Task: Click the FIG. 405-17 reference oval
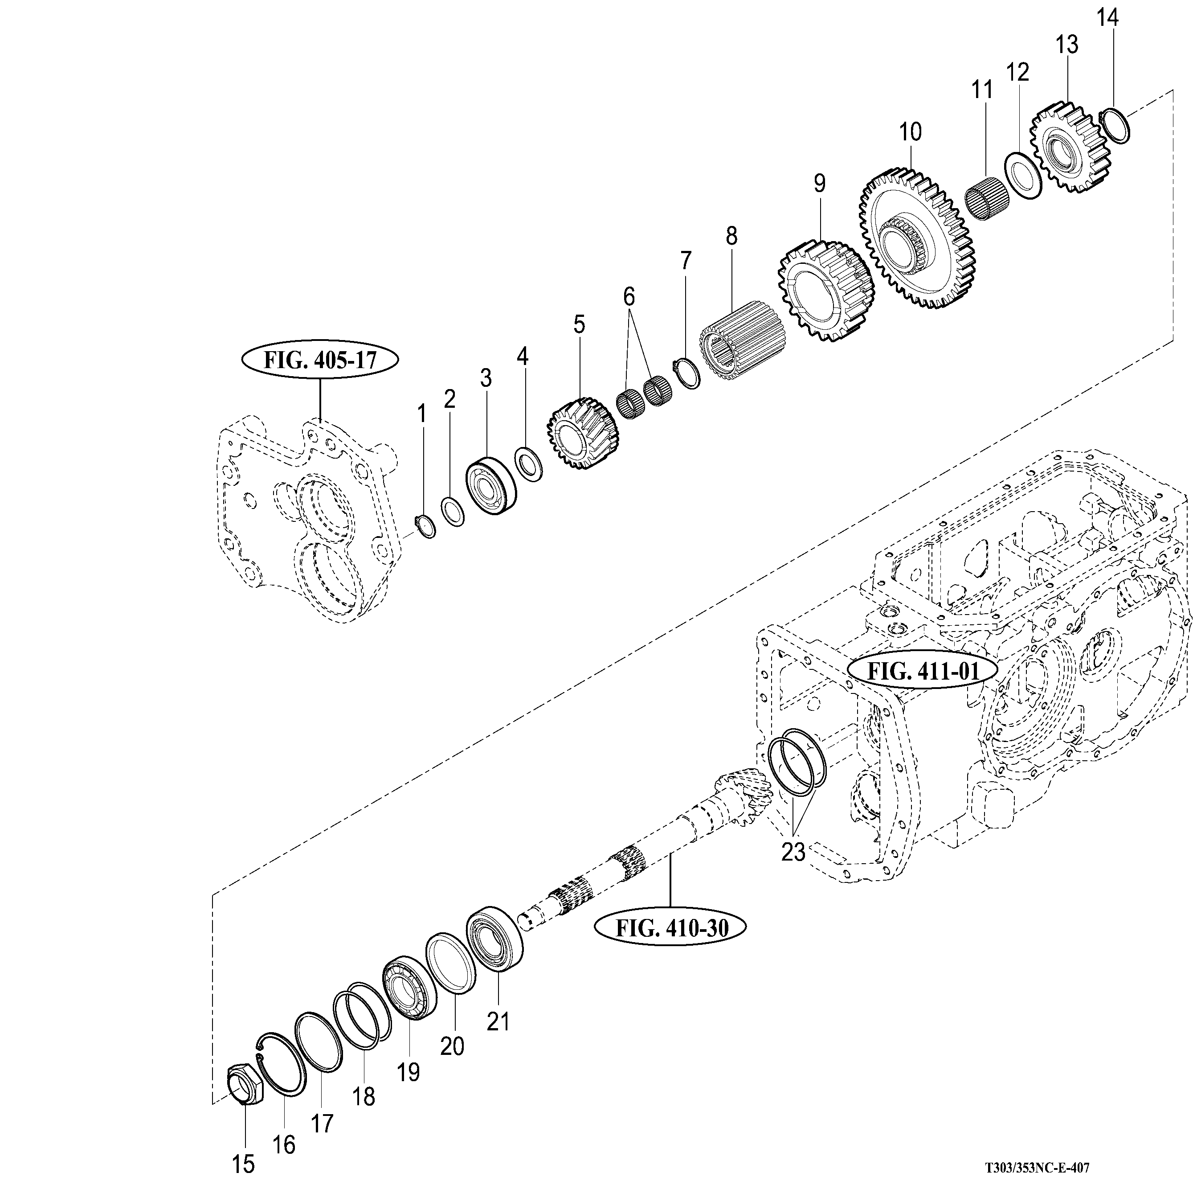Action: pyautogui.click(x=320, y=360)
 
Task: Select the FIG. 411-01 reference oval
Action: pyautogui.click(x=923, y=671)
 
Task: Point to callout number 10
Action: pyautogui.click(x=910, y=131)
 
